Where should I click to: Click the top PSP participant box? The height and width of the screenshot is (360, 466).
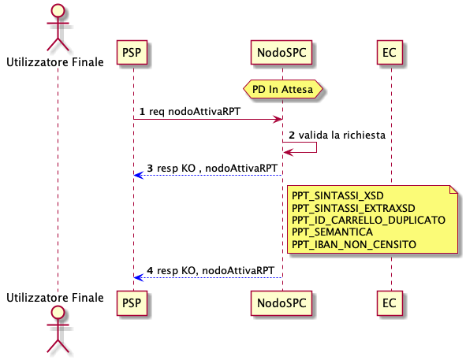pyautogui.click(x=132, y=52)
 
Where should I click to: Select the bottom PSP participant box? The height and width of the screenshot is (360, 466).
pyautogui.click(x=132, y=303)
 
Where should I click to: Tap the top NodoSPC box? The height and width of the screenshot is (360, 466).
pyautogui.click(x=281, y=52)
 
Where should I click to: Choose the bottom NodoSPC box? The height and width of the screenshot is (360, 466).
pyautogui.click(x=281, y=303)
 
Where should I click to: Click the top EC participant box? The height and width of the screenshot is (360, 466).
pyautogui.click(x=390, y=52)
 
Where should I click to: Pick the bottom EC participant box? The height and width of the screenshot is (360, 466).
pyautogui.click(x=390, y=303)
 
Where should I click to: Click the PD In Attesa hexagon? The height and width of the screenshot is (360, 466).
pyautogui.click(x=282, y=89)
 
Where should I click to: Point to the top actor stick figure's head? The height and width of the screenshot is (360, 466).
pyautogui.click(x=58, y=10)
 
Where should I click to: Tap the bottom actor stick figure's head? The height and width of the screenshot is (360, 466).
pyautogui.click(x=58, y=312)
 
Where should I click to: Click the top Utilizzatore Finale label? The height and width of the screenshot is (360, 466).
pyautogui.click(x=55, y=62)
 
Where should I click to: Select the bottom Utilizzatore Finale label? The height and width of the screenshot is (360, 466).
pyautogui.click(x=55, y=297)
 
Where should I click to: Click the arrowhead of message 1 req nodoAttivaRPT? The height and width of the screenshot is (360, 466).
pyautogui.click(x=278, y=120)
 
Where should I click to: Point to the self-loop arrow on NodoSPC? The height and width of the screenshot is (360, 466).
pyautogui.click(x=300, y=147)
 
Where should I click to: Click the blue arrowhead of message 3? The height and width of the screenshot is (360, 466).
pyautogui.click(x=139, y=175)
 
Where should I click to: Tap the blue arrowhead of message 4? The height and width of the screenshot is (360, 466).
pyautogui.click(x=139, y=278)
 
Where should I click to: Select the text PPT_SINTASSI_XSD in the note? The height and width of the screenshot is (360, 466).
pyautogui.click(x=337, y=195)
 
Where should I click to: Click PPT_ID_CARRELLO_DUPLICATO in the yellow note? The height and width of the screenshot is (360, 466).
pyautogui.click(x=368, y=220)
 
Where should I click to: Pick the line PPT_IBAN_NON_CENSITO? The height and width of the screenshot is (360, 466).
pyautogui.click(x=354, y=244)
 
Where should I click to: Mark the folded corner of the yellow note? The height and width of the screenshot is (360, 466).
pyautogui.click(x=454, y=189)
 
